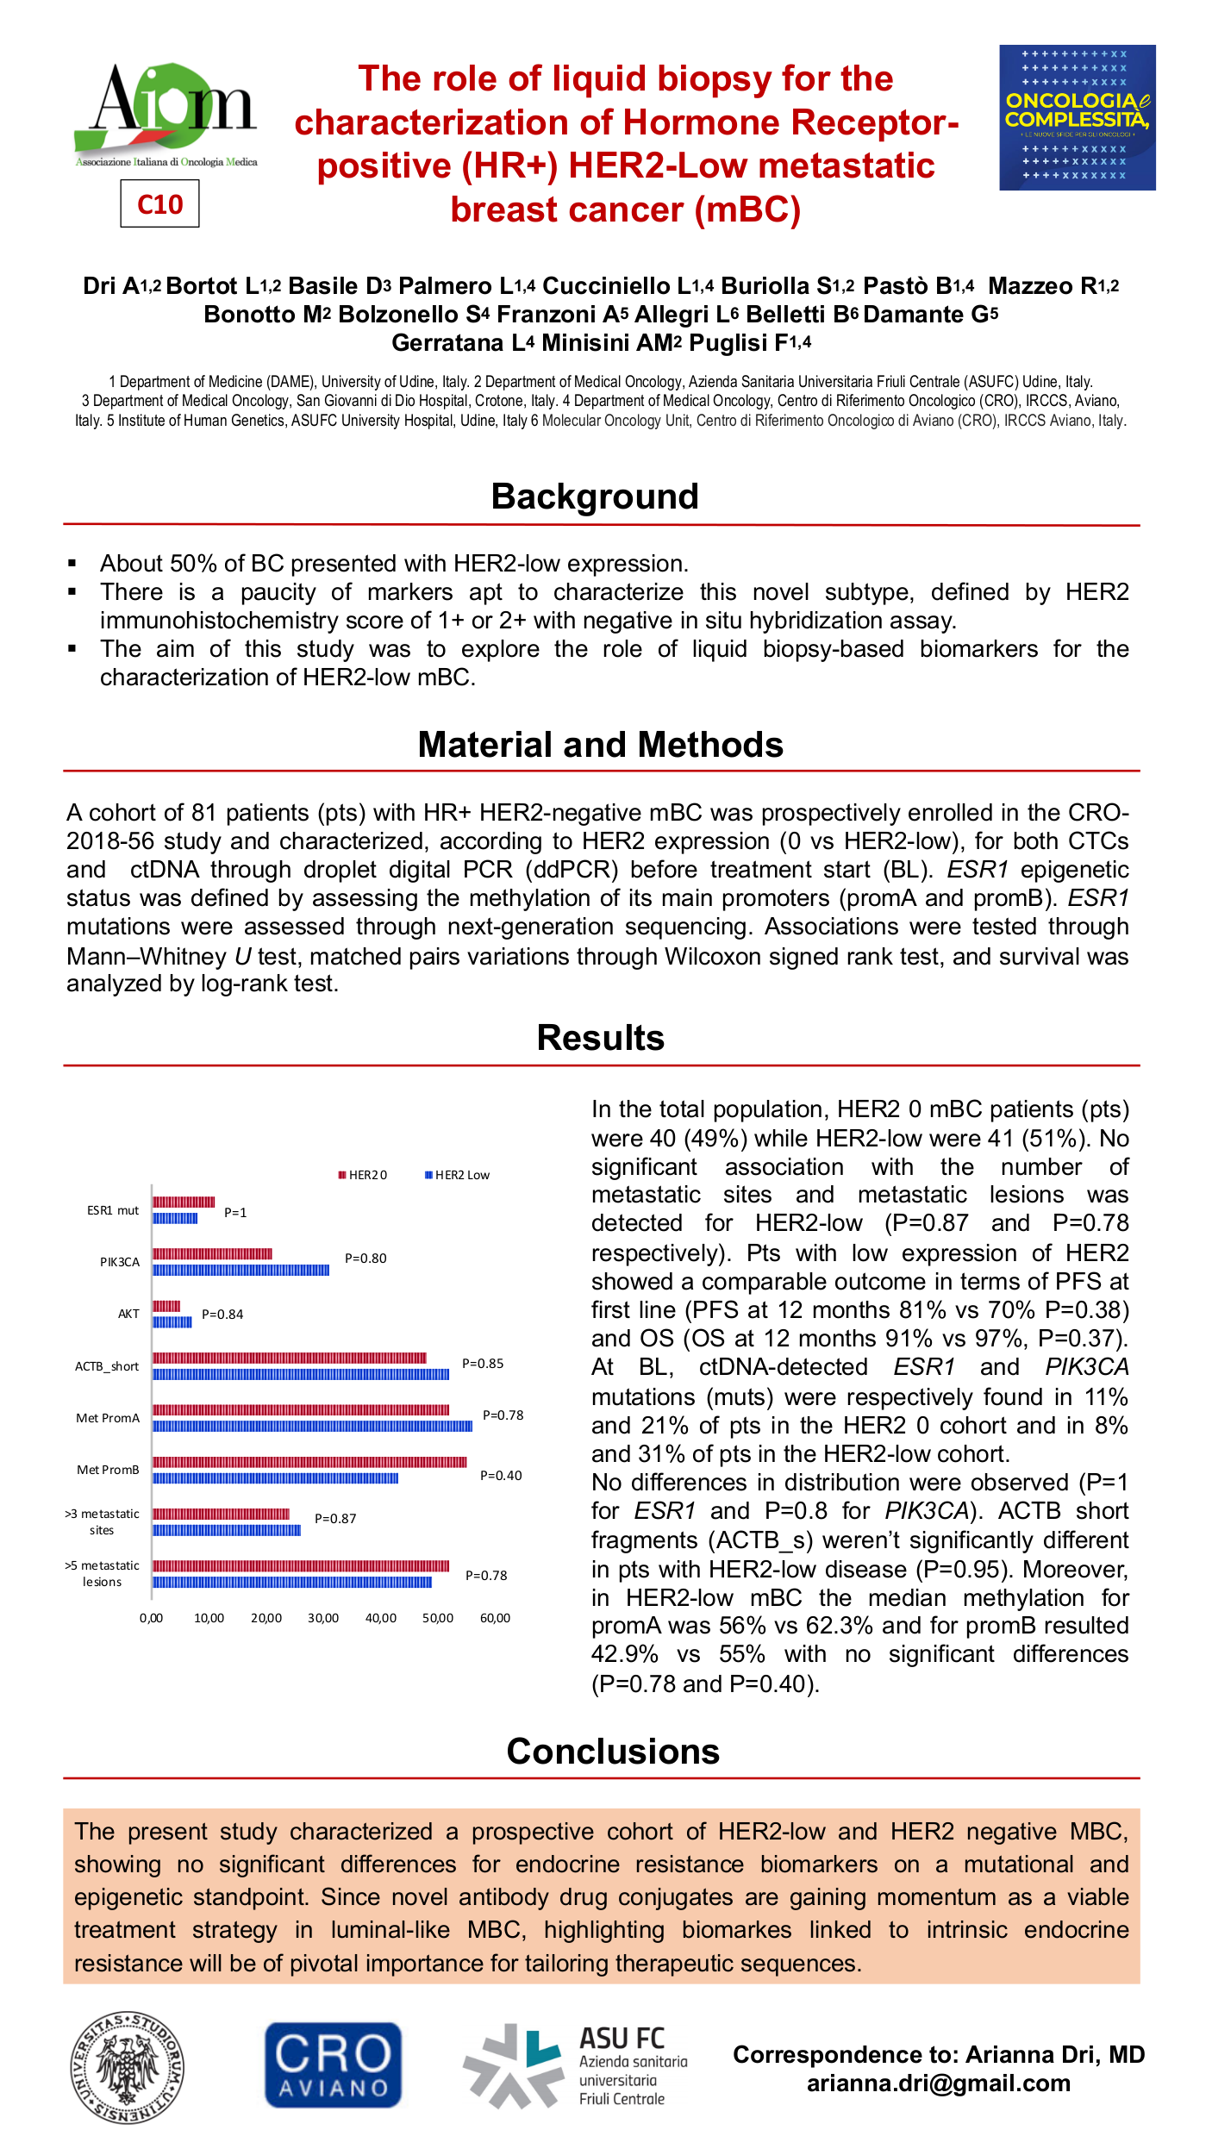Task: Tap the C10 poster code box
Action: pyautogui.click(x=159, y=204)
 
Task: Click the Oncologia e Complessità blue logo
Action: pyautogui.click(x=1077, y=117)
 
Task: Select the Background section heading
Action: pyautogui.click(x=595, y=497)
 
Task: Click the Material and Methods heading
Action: pyautogui.click(x=600, y=745)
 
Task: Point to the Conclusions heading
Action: pyautogui.click(x=613, y=1752)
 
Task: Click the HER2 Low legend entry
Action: pyautogui.click(x=458, y=1175)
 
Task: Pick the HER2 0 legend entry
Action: pyautogui.click(x=363, y=1175)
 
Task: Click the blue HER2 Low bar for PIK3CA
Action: pyautogui.click(x=241, y=1270)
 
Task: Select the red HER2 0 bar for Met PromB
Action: pyautogui.click(x=309, y=1462)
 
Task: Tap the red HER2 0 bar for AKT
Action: pyautogui.click(x=166, y=1306)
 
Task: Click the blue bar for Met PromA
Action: pyautogui.click(x=312, y=1427)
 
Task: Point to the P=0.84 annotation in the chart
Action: pyautogui.click(x=222, y=1315)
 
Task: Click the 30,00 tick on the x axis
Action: pyautogui.click(x=323, y=1618)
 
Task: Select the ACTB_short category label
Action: pyautogui.click(x=107, y=1366)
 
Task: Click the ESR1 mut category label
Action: pyautogui.click(x=113, y=1210)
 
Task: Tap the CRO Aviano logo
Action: pyautogui.click(x=333, y=2065)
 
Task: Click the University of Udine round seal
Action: pyautogui.click(x=128, y=2067)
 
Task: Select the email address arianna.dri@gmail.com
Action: pyautogui.click(x=938, y=2083)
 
